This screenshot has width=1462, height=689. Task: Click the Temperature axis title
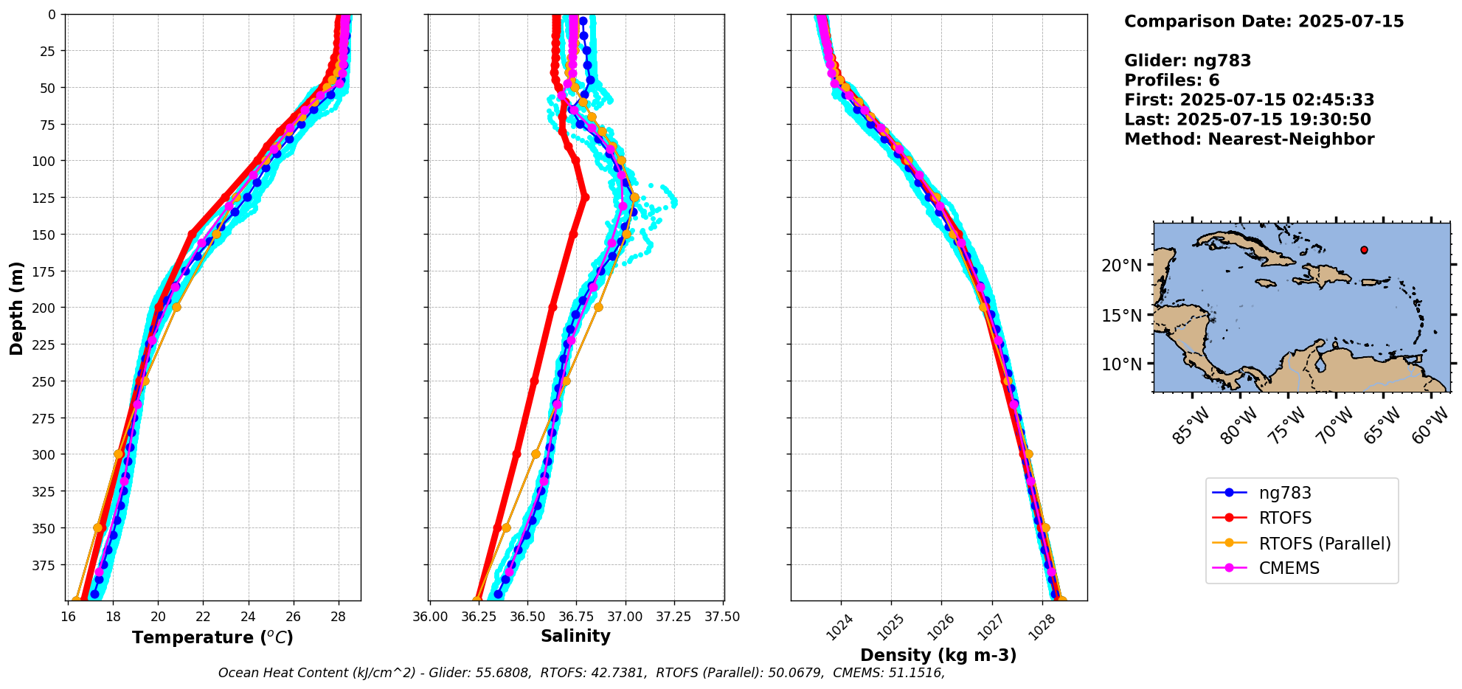[x=212, y=637]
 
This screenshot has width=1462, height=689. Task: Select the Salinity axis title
[x=575, y=636]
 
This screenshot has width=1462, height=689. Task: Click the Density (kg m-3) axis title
[x=938, y=654]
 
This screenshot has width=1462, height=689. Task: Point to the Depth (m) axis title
[x=16, y=308]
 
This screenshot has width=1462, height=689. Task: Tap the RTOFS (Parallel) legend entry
[x=1324, y=544]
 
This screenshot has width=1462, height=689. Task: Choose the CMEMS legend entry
[x=1289, y=568]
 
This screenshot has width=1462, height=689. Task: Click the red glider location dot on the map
[x=1364, y=250]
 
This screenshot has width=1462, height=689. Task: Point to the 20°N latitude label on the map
[x=1121, y=265]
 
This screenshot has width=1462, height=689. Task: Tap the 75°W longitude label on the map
[x=1288, y=425]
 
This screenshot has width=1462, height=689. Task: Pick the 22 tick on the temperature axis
[x=204, y=617]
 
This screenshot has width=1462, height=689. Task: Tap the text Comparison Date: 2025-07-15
[x=1264, y=21]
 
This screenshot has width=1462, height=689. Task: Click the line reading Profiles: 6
[x=1171, y=80]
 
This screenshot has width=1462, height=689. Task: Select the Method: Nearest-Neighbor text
[x=1249, y=139]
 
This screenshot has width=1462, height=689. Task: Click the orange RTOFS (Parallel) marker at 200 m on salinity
[x=598, y=307]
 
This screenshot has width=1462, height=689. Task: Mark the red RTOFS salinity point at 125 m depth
[x=585, y=197]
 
